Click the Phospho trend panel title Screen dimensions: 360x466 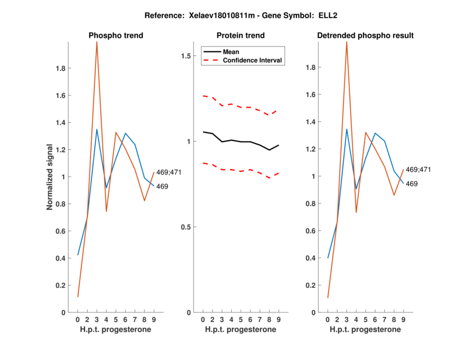pos(116,36)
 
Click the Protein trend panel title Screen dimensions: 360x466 pos(241,36)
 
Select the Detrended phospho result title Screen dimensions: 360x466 pos(365,36)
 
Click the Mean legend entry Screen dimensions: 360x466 pos(231,51)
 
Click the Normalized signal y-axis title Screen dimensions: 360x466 pos(51,177)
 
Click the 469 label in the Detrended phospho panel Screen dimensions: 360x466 pos(411,183)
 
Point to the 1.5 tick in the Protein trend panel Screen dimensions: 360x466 pos(188,56)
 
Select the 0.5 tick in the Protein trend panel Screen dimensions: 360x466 pos(188,227)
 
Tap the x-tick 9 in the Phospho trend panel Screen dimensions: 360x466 pos(154,319)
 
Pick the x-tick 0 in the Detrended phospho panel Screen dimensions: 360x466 pos(327,319)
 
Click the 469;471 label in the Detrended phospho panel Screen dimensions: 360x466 pos(418,170)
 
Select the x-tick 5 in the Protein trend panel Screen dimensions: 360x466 pos(241,319)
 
